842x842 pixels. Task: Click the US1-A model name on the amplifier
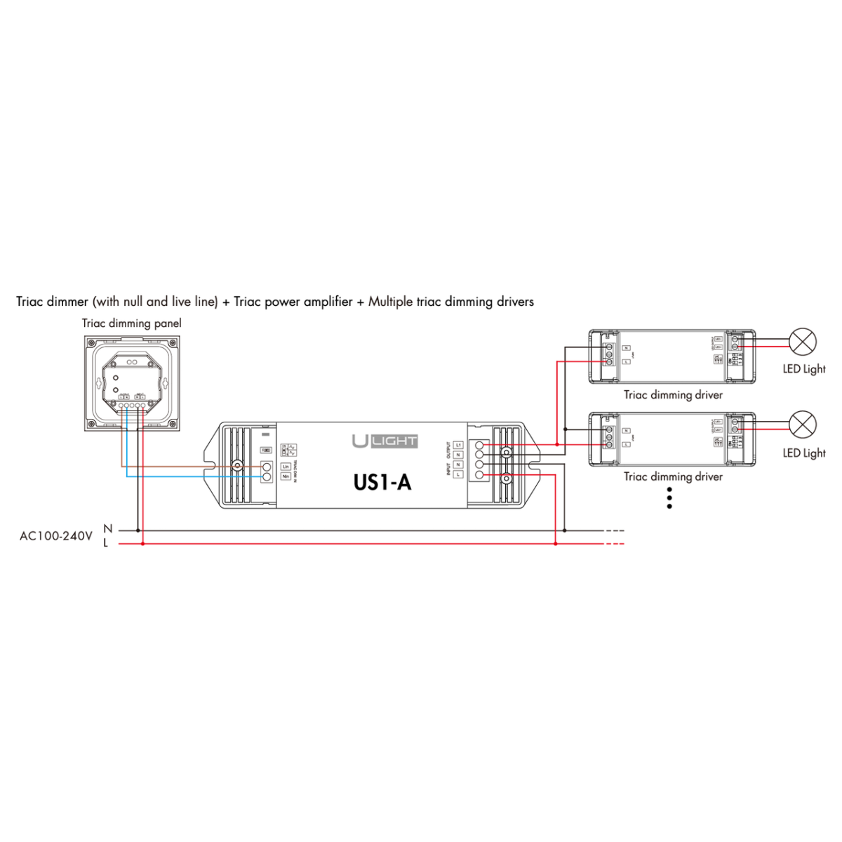coord(382,482)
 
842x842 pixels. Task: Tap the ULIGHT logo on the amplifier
coord(385,441)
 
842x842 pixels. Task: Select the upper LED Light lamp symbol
coord(803,342)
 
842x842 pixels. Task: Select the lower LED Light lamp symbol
coord(803,425)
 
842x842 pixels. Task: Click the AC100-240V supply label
coord(56,536)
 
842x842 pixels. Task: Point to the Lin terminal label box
coord(286,467)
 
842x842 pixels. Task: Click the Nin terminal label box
coord(286,476)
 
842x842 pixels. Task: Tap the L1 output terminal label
coord(458,445)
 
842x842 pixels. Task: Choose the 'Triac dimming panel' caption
coord(131,323)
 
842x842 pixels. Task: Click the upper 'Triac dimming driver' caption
coord(673,395)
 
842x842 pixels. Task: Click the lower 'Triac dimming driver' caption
coord(673,477)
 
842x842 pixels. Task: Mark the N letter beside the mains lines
coord(107,528)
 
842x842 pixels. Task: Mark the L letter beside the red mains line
coord(106,543)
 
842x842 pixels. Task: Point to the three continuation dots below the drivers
coord(669,497)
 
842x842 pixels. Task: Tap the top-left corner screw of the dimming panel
coord(90,341)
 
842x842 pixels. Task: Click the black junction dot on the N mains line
coord(138,530)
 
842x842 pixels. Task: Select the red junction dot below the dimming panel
coord(143,543)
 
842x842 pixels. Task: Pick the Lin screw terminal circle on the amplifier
coord(267,467)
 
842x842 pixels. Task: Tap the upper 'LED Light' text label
coord(804,369)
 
